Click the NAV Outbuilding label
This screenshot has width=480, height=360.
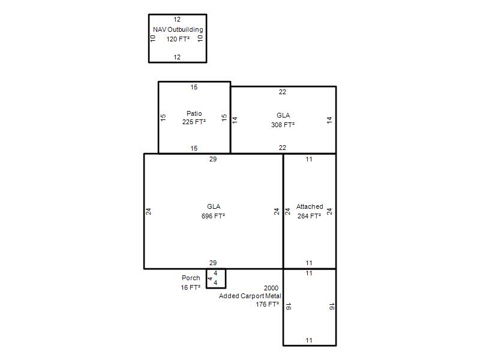[178, 29]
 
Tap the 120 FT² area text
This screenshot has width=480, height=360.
[178, 39]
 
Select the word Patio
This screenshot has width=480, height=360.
[194, 113]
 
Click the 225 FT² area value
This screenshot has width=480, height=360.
[194, 122]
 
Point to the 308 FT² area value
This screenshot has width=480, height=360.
[283, 125]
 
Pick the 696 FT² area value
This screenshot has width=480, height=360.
[213, 216]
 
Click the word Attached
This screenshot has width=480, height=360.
[310, 206]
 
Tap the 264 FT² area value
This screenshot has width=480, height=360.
[309, 216]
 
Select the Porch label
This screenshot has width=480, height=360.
[191, 278]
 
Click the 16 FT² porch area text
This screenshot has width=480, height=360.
[190, 287]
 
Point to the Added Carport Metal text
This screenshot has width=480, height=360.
[250, 296]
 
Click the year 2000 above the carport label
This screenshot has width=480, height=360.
[271, 288]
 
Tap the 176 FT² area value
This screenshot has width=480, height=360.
[267, 304]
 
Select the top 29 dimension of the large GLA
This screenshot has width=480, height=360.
[213, 159]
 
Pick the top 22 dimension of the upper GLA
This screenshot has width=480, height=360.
[282, 92]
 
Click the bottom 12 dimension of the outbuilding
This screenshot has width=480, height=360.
[177, 57]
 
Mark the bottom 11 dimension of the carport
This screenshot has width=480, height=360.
[309, 340]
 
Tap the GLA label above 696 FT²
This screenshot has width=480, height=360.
[214, 206]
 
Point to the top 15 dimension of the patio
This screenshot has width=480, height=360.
[194, 87]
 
